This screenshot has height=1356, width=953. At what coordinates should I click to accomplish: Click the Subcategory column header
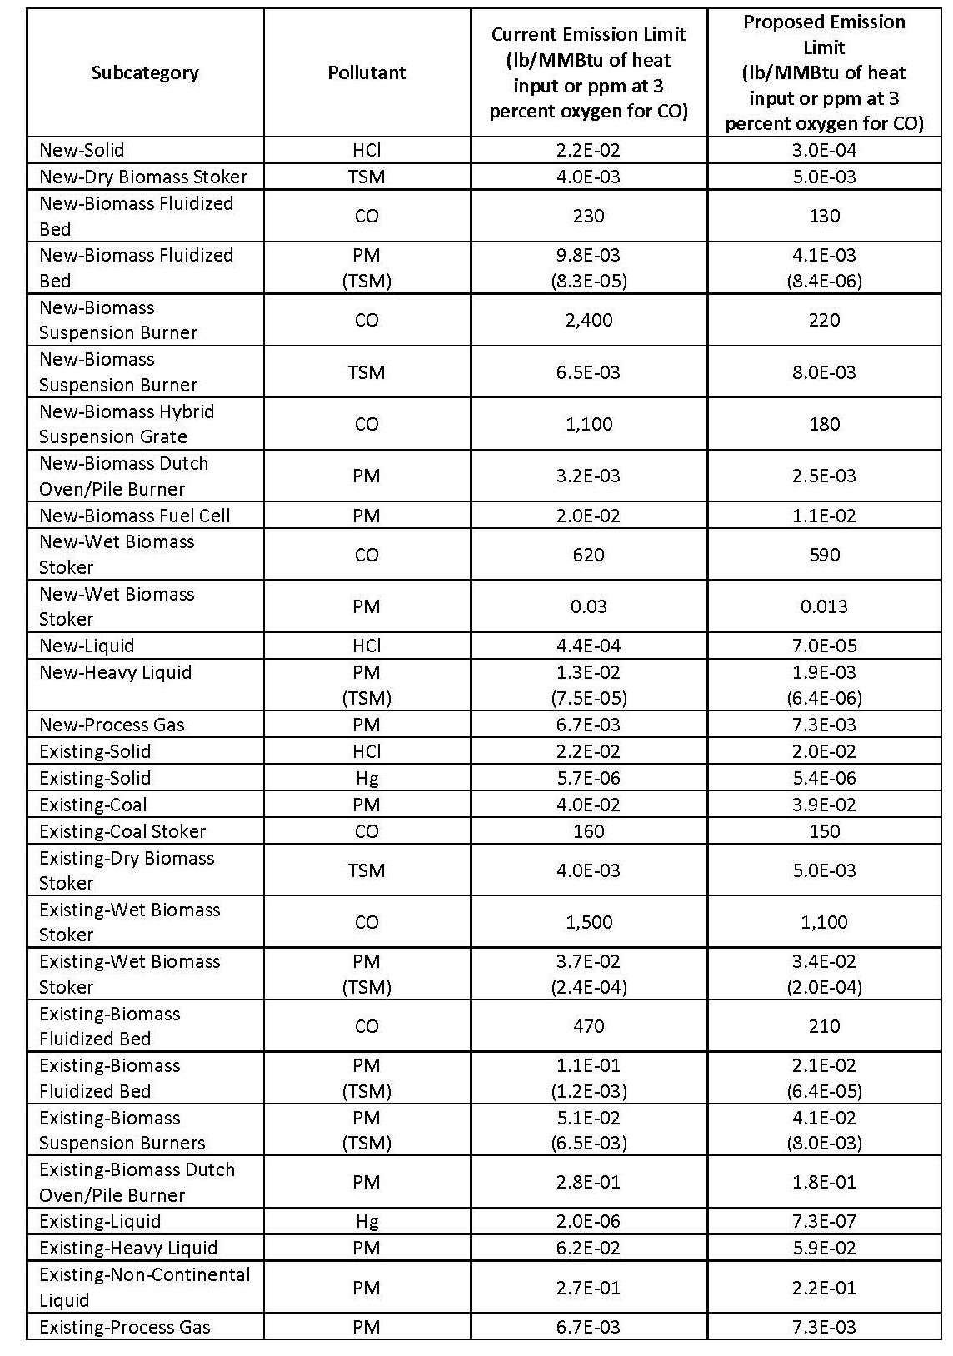(145, 72)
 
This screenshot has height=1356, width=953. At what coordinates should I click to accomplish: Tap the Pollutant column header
(367, 72)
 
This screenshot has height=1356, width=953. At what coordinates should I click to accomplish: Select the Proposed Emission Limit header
(824, 72)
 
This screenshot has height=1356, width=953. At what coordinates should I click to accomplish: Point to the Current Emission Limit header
(588, 72)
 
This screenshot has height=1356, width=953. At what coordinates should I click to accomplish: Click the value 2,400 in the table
(588, 320)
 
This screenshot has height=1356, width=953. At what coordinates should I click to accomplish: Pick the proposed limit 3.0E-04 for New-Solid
(824, 150)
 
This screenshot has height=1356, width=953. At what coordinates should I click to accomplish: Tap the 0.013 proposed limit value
(824, 606)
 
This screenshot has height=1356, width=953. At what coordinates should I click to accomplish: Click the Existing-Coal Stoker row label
(122, 831)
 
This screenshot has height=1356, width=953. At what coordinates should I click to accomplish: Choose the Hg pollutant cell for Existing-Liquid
(367, 1221)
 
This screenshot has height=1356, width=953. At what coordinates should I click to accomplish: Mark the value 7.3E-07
(824, 1221)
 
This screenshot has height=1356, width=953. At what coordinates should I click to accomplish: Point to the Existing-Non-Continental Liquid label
(144, 1287)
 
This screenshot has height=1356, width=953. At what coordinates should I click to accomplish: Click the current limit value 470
(588, 1026)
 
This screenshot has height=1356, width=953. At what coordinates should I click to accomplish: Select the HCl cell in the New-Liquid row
(367, 646)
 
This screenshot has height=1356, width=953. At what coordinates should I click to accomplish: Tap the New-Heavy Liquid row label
(115, 672)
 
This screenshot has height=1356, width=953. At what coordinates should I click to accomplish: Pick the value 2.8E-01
(588, 1182)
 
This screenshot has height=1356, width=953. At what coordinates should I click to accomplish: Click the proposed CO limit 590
(824, 555)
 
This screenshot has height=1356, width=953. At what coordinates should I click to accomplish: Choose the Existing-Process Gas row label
(125, 1327)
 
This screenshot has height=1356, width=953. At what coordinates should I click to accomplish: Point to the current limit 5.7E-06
(588, 778)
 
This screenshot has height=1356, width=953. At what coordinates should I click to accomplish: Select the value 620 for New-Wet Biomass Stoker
(588, 555)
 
